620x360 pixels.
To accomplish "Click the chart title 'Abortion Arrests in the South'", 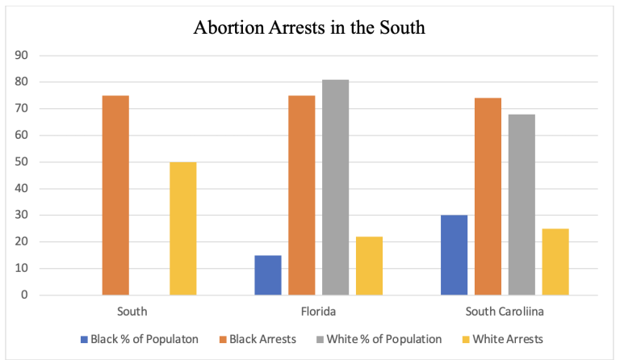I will [x=309, y=27].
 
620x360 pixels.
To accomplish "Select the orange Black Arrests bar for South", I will [x=115, y=195].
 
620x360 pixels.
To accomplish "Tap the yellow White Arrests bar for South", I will [x=182, y=228].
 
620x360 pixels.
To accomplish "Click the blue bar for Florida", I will [x=268, y=274].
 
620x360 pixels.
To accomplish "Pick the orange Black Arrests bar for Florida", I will [x=302, y=195].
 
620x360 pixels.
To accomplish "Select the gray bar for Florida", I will [x=335, y=187].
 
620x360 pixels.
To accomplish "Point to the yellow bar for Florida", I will [x=369, y=266].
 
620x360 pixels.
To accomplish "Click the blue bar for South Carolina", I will [x=455, y=255].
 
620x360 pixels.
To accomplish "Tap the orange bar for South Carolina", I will [x=488, y=196].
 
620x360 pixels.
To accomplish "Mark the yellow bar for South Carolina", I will [x=555, y=262].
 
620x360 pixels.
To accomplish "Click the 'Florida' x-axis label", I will [x=318, y=310].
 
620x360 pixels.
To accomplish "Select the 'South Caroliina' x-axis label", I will [x=505, y=310].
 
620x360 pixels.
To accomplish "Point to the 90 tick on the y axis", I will [x=23, y=56].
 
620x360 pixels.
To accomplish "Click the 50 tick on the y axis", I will [x=23, y=162].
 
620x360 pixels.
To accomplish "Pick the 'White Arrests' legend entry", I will [x=505, y=340].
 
